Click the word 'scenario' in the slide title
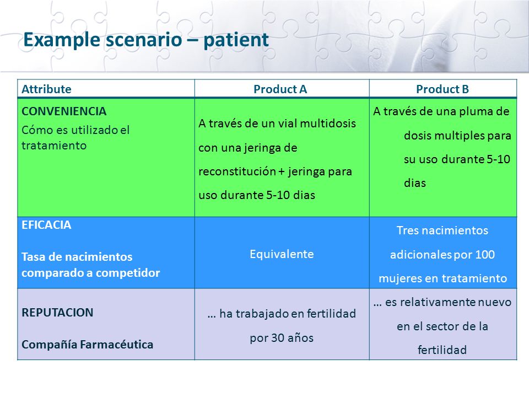144,40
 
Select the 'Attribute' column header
46,89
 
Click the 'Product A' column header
280,89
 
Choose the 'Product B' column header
442,89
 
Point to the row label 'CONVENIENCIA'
64,111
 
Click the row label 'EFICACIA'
46,225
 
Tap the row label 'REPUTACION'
57,312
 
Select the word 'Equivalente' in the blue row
282,254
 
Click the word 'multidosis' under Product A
327,123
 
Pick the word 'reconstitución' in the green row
237,171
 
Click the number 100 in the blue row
485,254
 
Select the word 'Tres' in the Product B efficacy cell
407,230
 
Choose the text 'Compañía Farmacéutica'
88,344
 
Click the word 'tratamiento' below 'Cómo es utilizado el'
54,146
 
